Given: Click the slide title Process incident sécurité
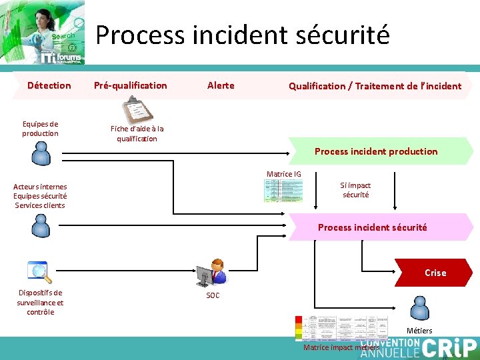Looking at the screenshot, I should tap(243, 35).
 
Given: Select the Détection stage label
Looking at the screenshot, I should tap(49, 85).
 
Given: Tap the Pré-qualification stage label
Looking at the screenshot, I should tap(130, 85).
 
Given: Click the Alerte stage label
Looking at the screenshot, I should tap(221, 85).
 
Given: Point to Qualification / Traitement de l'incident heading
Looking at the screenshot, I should tap(375, 86).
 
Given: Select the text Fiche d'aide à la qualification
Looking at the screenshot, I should tap(137, 133).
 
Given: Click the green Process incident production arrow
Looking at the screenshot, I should tap(376, 151).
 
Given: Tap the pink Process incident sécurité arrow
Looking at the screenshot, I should tap(373, 227).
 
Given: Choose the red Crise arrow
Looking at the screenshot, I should tap(434, 273).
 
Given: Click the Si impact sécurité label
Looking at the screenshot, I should tap(355, 190).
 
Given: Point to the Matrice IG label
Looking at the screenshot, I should tap(283, 174).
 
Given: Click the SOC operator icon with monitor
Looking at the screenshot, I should tap(211, 273).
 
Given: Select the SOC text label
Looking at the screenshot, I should tap(213, 295).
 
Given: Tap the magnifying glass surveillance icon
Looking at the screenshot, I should tap(39, 271).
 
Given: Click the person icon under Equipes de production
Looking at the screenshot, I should tap(41, 154).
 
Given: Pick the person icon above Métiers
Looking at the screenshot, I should tap(419, 308).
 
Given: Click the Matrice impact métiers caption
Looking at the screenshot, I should tap(341, 347).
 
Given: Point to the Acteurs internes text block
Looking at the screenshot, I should tap(40, 196).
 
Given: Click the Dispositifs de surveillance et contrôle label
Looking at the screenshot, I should tap(40, 302).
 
